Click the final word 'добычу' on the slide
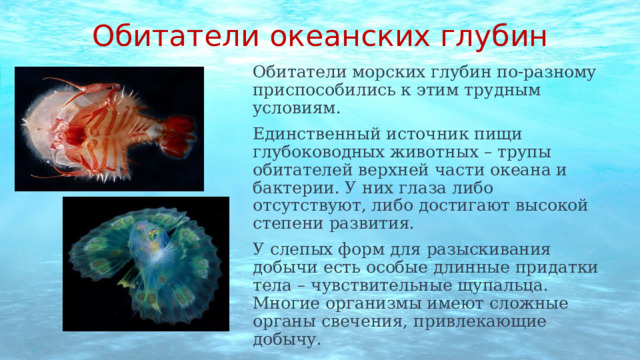tap(287, 339)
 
